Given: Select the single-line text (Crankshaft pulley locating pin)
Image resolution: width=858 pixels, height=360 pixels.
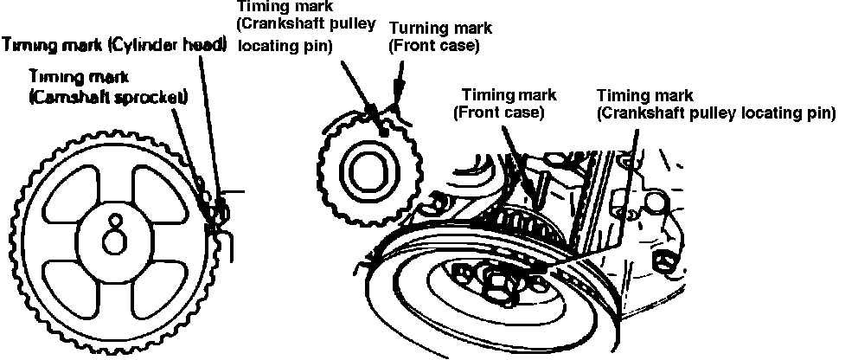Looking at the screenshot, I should (x=715, y=112).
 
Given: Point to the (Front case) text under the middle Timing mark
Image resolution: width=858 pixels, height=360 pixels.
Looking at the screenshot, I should (x=498, y=112).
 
